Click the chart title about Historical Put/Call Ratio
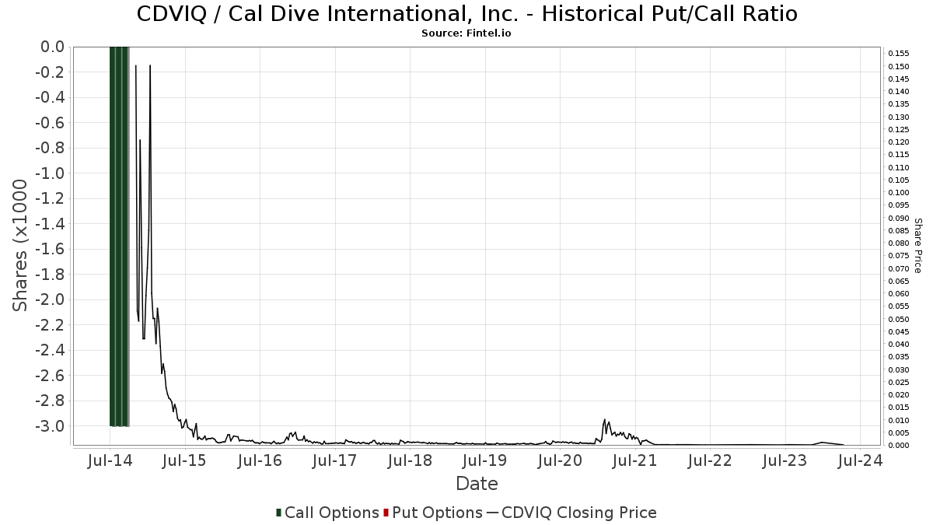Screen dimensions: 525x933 tap(466, 14)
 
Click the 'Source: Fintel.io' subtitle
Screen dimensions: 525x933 tap(466, 33)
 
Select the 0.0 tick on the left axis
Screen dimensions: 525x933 tap(53, 47)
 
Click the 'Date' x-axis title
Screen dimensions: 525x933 tap(477, 484)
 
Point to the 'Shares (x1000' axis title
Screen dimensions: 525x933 tap(21, 245)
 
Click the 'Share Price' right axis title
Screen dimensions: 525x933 tap(917, 245)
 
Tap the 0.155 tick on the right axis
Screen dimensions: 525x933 tap(899, 54)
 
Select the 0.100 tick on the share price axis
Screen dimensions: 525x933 tap(899, 193)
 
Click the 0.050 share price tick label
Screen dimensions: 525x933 tap(899, 319)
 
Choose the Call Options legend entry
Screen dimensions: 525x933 tap(327, 513)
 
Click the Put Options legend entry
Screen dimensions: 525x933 tap(432, 513)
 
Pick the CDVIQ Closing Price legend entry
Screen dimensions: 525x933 tap(571, 513)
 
